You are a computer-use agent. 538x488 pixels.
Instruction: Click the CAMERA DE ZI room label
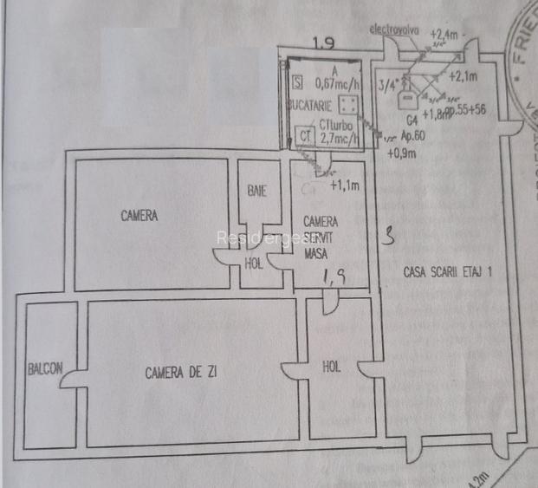coord(181,374)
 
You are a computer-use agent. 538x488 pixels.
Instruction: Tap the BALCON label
coord(43,368)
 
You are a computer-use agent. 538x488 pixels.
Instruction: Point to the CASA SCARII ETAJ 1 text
coord(448,272)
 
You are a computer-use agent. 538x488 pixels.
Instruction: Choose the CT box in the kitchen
coord(304,136)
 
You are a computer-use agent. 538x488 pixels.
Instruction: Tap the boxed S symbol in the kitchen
coord(298,83)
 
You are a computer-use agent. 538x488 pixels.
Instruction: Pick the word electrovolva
coord(394,29)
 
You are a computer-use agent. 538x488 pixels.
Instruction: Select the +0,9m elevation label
coord(400,154)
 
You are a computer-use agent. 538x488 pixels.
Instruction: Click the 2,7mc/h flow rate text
coord(337,137)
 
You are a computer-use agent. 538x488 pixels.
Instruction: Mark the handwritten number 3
coord(389,234)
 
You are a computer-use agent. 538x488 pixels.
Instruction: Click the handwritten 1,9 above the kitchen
coord(323,42)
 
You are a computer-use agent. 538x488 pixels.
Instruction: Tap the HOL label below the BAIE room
coord(253,263)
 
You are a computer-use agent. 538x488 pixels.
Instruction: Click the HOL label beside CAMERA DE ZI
coord(331,367)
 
